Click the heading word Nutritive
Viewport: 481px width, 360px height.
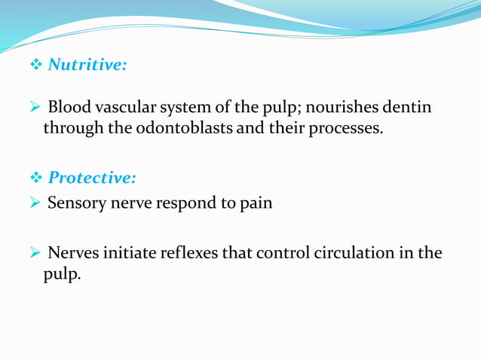[x=86, y=66]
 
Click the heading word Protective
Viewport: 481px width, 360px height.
[x=91, y=178]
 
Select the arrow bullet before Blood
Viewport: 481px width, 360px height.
[x=35, y=108]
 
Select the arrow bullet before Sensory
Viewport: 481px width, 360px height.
[x=35, y=203]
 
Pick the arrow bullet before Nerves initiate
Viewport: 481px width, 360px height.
[x=35, y=253]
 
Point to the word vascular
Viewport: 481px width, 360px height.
[x=123, y=108]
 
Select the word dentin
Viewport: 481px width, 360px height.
[x=409, y=108]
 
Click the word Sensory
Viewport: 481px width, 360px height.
[x=75, y=203]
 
